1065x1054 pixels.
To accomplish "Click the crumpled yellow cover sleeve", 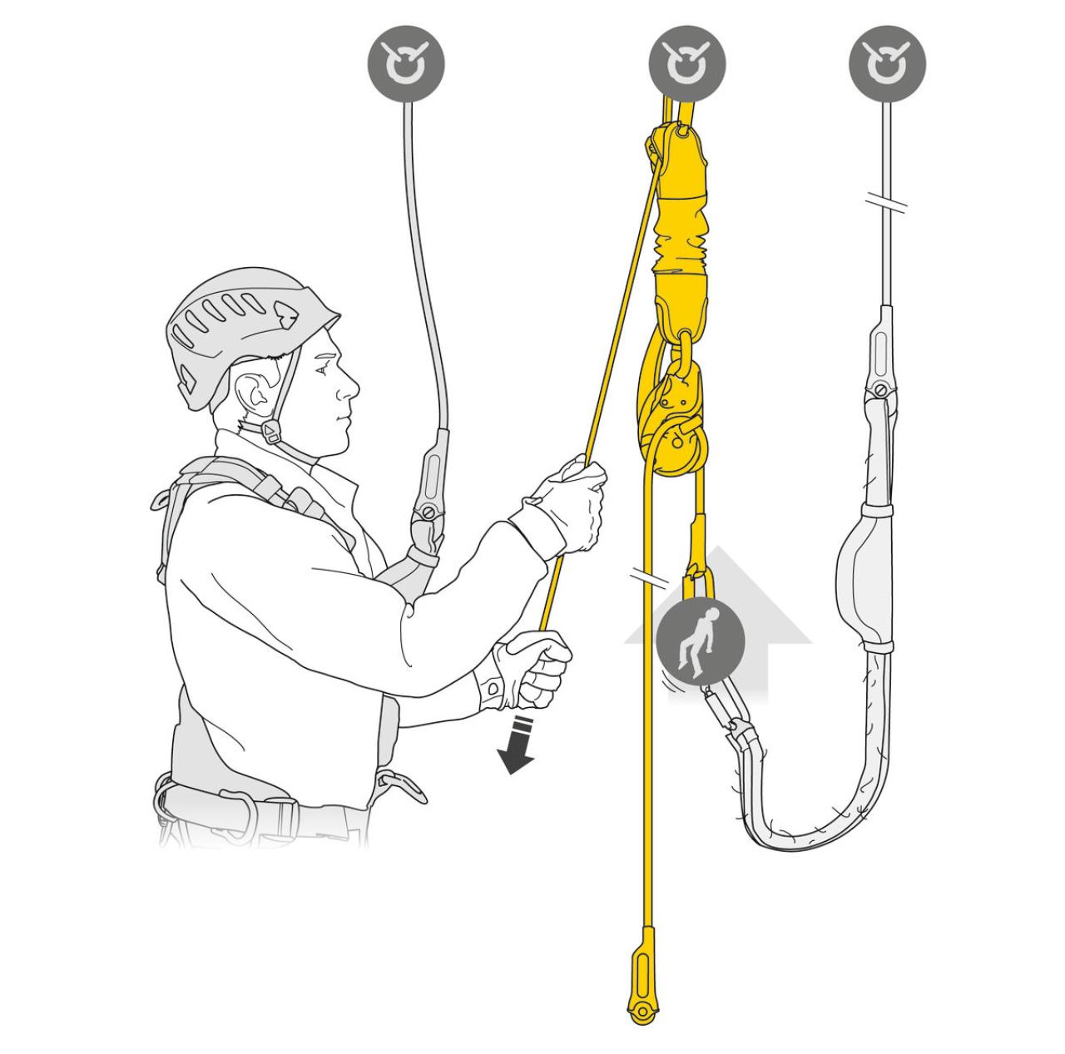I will point(680,241).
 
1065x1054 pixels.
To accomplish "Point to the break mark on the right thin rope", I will point(887,201).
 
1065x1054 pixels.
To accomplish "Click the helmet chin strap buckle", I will point(272,432).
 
